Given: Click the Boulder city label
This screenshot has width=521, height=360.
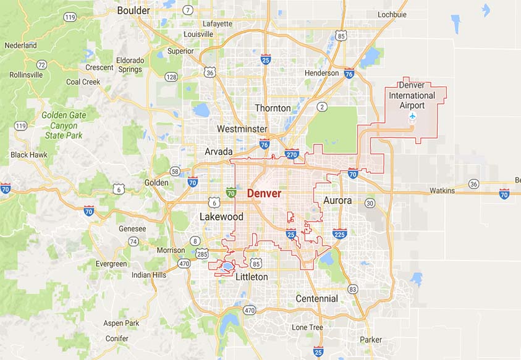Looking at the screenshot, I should click(133, 10).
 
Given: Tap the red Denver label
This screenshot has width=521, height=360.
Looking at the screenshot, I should click(264, 193).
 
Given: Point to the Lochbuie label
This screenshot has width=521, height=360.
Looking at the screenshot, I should click(392, 14).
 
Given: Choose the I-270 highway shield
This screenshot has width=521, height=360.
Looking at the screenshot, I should click(292, 154).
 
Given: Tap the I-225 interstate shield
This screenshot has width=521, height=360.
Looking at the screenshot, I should click(339, 233).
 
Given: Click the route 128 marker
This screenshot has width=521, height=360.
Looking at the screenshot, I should click(171, 77).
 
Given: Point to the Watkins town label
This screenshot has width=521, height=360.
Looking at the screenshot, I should click(442, 191).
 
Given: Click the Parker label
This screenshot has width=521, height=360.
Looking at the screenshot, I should click(371, 340).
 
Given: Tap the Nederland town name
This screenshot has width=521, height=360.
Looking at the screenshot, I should click(20, 46).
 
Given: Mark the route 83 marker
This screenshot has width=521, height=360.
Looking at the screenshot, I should click(353, 288).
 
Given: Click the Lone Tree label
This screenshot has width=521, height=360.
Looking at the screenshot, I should click(307, 327).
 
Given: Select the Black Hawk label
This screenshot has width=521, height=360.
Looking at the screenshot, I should click(30, 154).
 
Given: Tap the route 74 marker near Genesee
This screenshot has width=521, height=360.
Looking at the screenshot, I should click(133, 241).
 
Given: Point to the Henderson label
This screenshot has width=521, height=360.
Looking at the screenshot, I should click(321, 73).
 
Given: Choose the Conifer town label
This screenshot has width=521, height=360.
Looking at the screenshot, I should click(117, 338).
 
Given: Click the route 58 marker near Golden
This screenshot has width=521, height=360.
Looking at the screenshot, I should click(176, 171).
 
